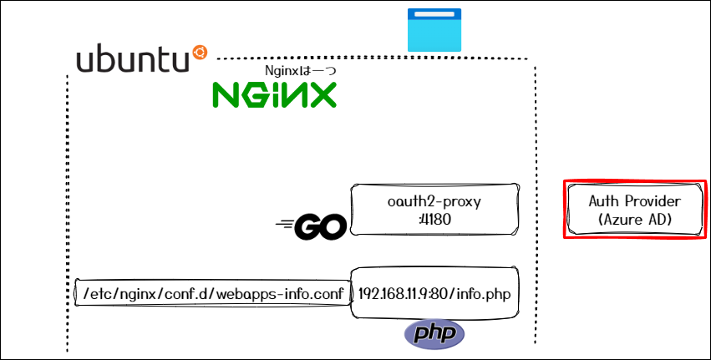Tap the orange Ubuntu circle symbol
199,53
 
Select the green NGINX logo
274,94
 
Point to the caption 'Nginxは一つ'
300,71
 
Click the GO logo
309,226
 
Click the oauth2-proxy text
434,202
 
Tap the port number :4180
434,221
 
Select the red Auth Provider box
634,209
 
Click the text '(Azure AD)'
635,220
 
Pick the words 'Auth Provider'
635,201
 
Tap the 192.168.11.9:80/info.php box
434,293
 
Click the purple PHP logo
434,334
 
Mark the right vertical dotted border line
535,200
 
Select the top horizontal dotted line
376,58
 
